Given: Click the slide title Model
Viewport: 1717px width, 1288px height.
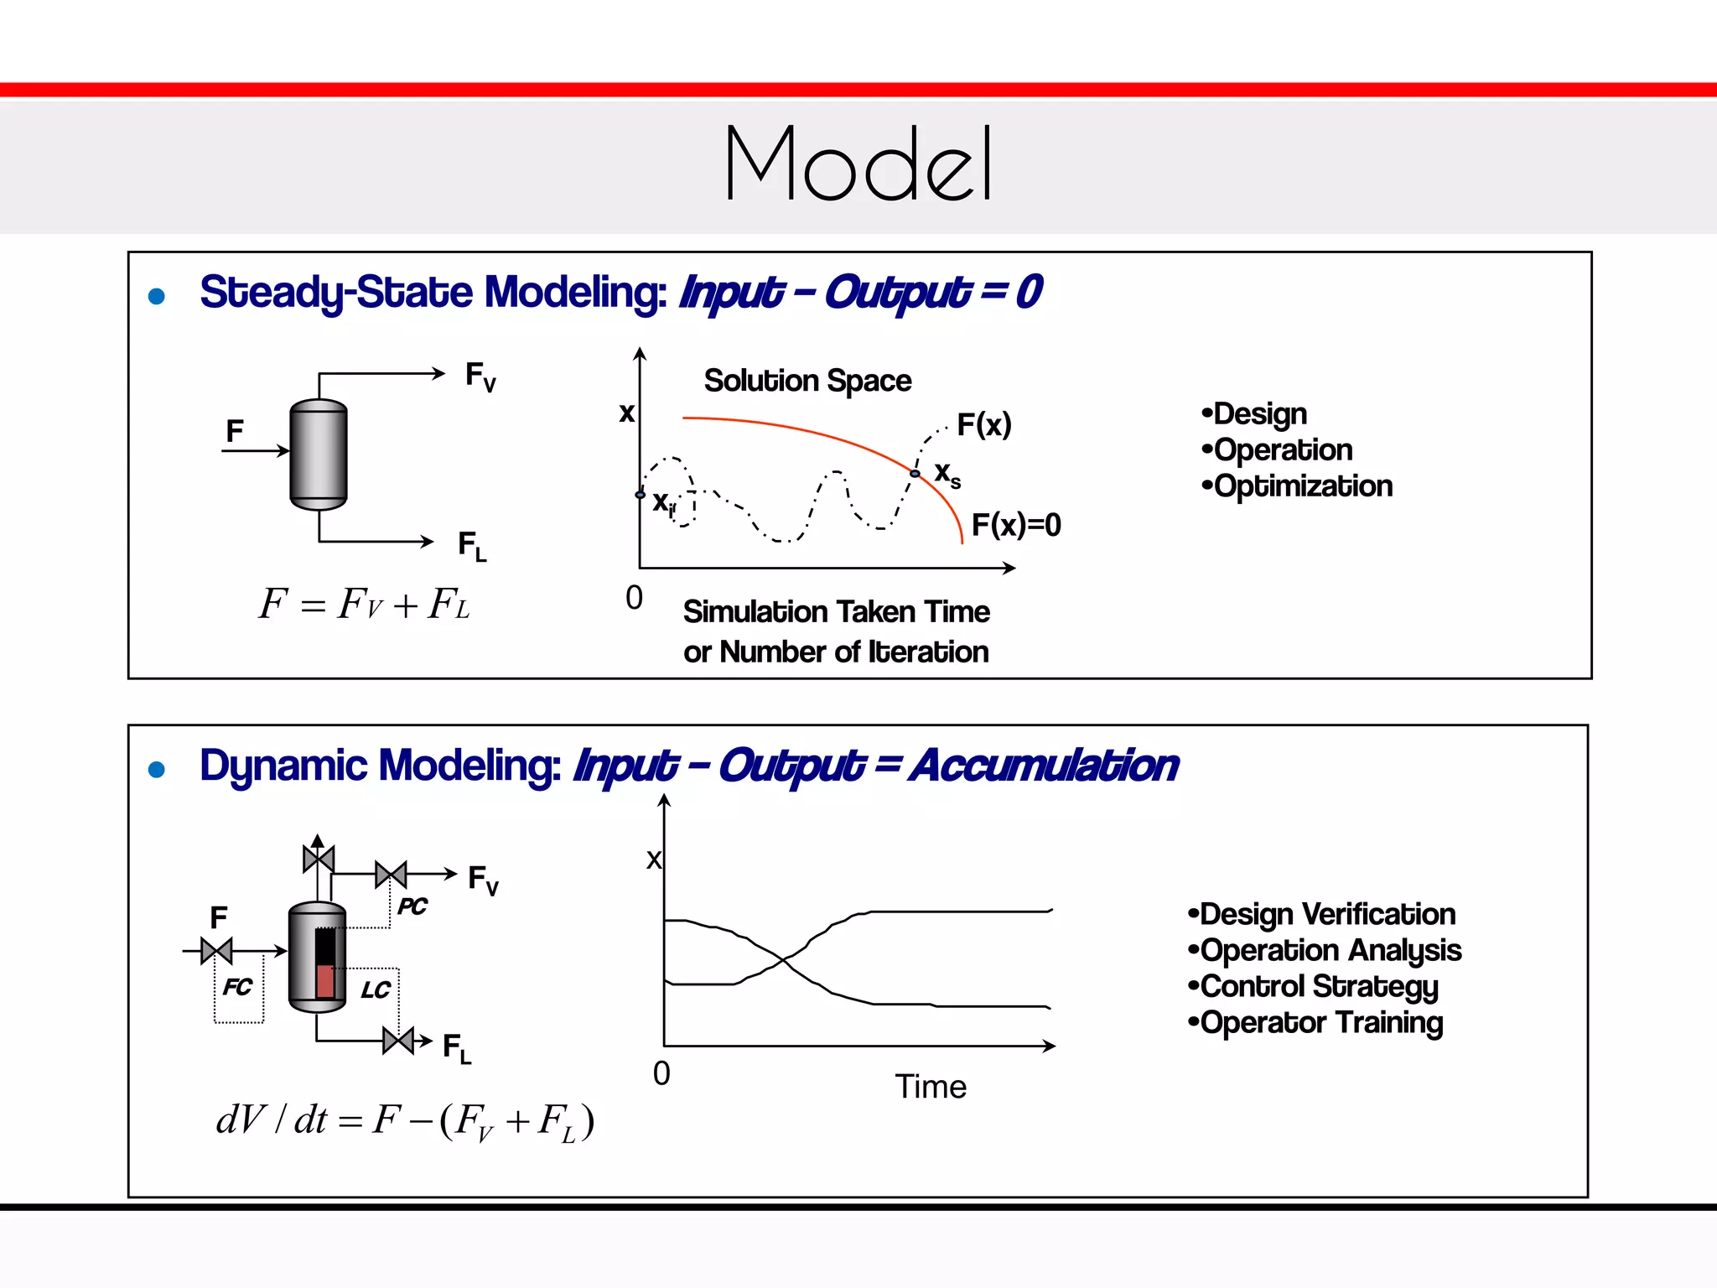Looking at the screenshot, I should tap(858, 163).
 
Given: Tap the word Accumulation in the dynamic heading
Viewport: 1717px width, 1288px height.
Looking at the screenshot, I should tap(1045, 766).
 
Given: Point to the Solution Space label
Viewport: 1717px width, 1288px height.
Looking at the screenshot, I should tap(807, 381).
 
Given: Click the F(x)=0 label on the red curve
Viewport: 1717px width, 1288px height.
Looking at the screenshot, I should tap(1015, 525).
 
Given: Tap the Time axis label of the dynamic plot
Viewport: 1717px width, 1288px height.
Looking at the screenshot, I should tap(931, 1087).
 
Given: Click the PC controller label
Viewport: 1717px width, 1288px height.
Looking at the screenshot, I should tap(412, 906).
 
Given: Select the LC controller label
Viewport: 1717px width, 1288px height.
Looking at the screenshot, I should tap(375, 990).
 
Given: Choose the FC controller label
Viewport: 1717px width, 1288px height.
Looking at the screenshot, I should tap(237, 987).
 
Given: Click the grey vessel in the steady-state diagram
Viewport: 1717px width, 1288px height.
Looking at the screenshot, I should tap(319, 454).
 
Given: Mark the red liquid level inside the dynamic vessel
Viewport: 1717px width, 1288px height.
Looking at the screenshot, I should tap(324, 980).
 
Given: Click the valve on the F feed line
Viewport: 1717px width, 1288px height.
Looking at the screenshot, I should tap(216, 951).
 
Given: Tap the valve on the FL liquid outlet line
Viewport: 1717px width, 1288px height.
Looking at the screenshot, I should tap(398, 1041).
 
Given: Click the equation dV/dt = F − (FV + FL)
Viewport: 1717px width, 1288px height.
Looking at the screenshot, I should tap(405, 1120).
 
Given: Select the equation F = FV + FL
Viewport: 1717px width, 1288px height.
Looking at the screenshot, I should tap(364, 605).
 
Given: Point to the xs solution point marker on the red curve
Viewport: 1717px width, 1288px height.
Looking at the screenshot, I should tap(915, 474).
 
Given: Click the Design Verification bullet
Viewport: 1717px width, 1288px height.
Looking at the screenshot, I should tap(1322, 914).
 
